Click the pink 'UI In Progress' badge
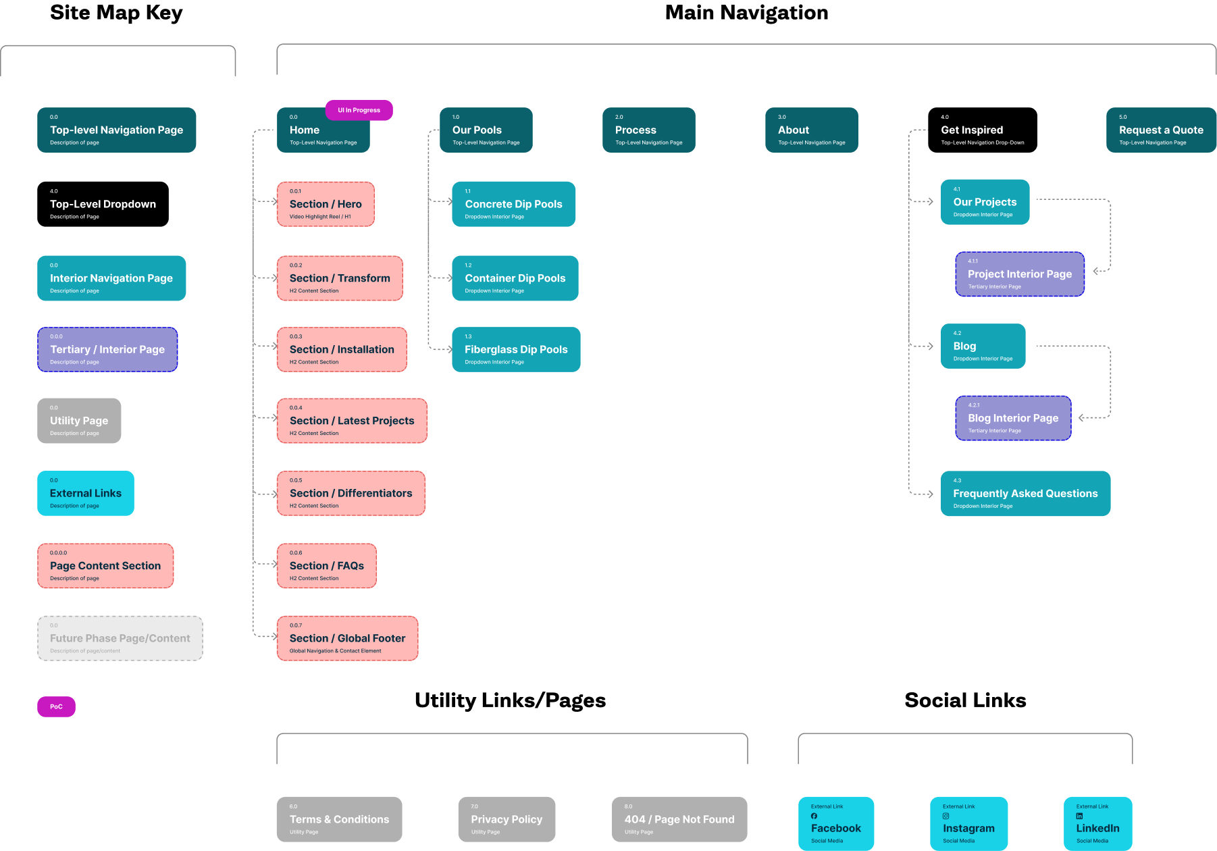[x=359, y=110]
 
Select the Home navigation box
[x=323, y=130]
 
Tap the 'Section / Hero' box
[x=326, y=204]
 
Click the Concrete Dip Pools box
[x=513, y=204]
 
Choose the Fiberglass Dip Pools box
[x=516, y=349]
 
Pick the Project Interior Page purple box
[x=1020, y=274]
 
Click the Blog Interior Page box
[x=1013, y=418]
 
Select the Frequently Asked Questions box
[x=1025, y=494]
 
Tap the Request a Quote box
[x=1161, y=130]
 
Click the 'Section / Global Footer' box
[x=347, y=638]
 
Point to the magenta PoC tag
[x=56, y=706]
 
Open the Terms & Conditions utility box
[x=339, y=819]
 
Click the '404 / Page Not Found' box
[x=679, y=819]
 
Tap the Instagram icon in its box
[x=946, y=816]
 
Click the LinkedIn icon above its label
[x=1079, y=816]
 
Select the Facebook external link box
[x=836, y=824]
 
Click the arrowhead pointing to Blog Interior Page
[x=1082, y=418]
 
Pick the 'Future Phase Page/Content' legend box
[x=120, y=638]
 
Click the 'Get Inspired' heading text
[x=972, y=130]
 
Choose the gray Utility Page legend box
[x=79, y=421]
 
